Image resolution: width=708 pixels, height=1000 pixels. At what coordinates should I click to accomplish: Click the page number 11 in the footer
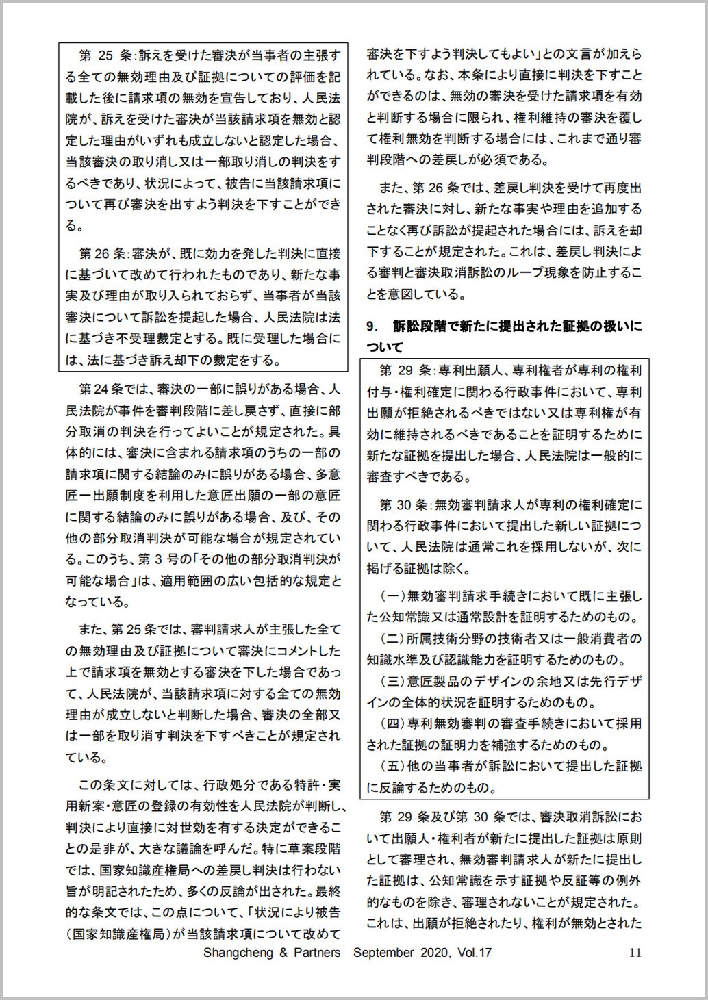click(x=634, y=952)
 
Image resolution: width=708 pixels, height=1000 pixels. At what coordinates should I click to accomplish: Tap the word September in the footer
click(x=384, y=952)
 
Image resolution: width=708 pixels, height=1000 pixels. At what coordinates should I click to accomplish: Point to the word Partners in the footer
click(x=316, y=952)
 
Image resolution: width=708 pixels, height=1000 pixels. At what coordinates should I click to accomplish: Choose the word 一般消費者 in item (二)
click(x=607, y=638)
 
